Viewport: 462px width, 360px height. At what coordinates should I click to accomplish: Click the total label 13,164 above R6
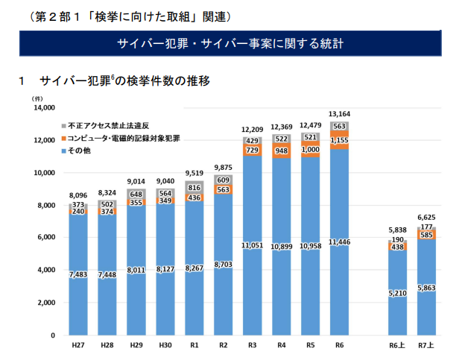[339, 115]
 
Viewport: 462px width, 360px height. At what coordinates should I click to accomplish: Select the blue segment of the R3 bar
[252, 224]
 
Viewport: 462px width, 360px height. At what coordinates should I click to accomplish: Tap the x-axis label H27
[77, 346]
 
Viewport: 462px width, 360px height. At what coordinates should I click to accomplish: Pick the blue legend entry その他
[79, 151]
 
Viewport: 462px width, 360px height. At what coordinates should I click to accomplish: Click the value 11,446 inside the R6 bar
[339, 243]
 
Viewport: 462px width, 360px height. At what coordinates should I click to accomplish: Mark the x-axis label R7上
[426, 346]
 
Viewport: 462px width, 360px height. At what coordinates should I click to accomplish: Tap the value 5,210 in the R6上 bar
[397, 294]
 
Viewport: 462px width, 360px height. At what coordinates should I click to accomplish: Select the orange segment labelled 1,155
[339, 140]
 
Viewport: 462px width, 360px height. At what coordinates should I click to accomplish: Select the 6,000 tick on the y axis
[45, 238]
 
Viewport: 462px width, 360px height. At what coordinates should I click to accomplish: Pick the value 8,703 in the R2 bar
[223, 265]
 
